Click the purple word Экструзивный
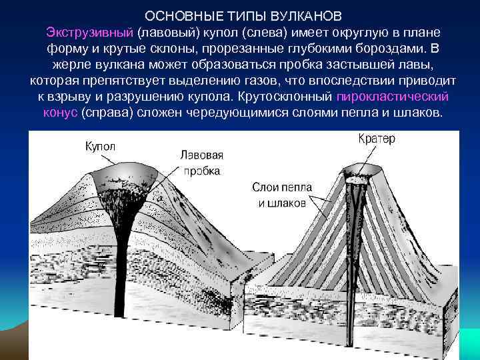click(90, 33)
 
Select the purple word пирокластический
click(393, 97)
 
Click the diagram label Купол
click(100, 146)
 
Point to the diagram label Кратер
click(377, 139)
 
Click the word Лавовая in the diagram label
click(201, 155)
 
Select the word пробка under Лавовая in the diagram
click(201, 171)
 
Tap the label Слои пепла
click(282, 187)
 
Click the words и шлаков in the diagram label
click(282, 203)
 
